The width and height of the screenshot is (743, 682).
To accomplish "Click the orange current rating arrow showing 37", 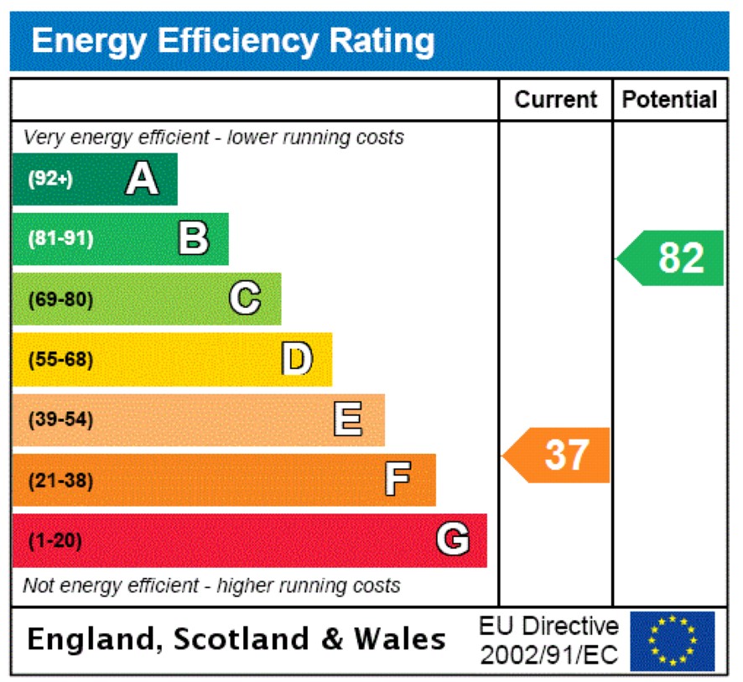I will [x=559, y=456].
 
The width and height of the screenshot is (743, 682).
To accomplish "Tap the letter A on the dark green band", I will [x=142, y=179].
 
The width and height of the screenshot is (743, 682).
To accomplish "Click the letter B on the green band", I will [x=193, y=239].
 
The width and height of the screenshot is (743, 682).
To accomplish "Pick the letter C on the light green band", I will [x=245, y=299].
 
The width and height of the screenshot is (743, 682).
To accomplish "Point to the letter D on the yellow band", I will [x=296, y=359].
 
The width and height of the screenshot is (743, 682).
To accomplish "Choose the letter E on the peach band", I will [x=348, y=419].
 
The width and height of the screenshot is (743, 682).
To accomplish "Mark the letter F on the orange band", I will [x=397, y=480].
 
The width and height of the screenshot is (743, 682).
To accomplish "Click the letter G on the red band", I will [x=452, y=540].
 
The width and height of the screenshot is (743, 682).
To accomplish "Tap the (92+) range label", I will [x=50, y=180].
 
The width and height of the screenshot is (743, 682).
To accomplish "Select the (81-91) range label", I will [x=60, y=239].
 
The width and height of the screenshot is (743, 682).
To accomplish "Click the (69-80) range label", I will [x=60, y=299].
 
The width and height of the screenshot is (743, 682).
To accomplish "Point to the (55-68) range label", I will [x=60, y=360].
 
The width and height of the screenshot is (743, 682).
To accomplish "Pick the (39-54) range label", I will [x=60, y=419].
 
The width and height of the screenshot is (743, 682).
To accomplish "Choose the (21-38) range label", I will [x=60, y=481].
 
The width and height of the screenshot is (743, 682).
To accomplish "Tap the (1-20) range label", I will [x=55, y=541].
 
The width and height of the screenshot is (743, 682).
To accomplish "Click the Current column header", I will [x=555, y=100].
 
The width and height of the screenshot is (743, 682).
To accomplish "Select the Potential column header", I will [x=670, y=100].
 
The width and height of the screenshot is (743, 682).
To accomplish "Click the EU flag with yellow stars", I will [x=673, y=641].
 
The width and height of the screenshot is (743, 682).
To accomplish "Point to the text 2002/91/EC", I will [x=549, y=654].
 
